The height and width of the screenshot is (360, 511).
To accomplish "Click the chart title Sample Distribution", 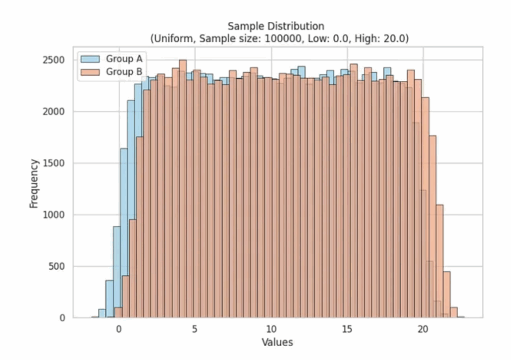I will pyautogui.click(x=276, y=26).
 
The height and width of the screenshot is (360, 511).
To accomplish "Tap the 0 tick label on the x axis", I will pyautogui.click(x=119, y=330).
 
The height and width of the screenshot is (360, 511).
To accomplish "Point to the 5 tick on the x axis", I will pyautogui.click(x=195, y=330).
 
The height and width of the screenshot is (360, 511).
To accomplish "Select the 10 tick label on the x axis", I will pyautogui.click(x=271, y=330).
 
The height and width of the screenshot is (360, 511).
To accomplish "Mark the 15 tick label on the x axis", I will pyautogui.click(x=347, y=330).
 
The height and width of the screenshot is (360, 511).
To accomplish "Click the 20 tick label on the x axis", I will pyautogui.click(x=423, y=330).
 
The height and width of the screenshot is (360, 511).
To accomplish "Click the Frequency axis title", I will pyautogui.click(x=34, y=183).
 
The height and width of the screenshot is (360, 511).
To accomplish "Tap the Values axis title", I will pyautogui.click(x=277, y=343).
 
